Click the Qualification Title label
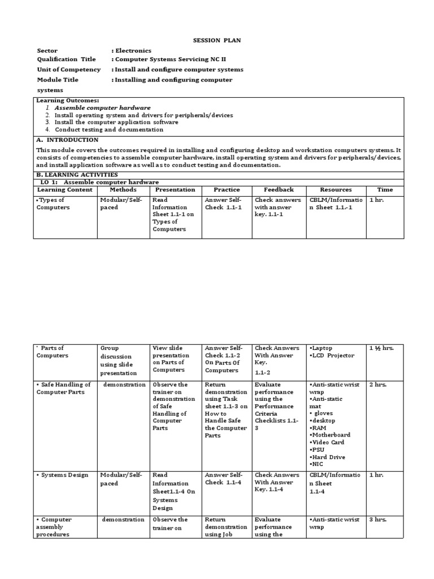click(x=66, y=59)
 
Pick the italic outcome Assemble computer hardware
click(x=102, y=107)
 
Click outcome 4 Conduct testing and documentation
click(x=109, y=129)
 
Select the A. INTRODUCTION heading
click(x=67, y=140)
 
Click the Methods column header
click(x=123, y=190)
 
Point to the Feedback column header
click(x=278, y=190)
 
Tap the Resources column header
click(x=336, y=190)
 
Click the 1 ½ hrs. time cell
click(x=381, y=348)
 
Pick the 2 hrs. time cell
click(x=378, y=384)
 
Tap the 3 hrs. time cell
click(x=378, y=520)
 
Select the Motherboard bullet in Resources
click(x=331, y=435)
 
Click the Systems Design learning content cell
click(x=62, y=475)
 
